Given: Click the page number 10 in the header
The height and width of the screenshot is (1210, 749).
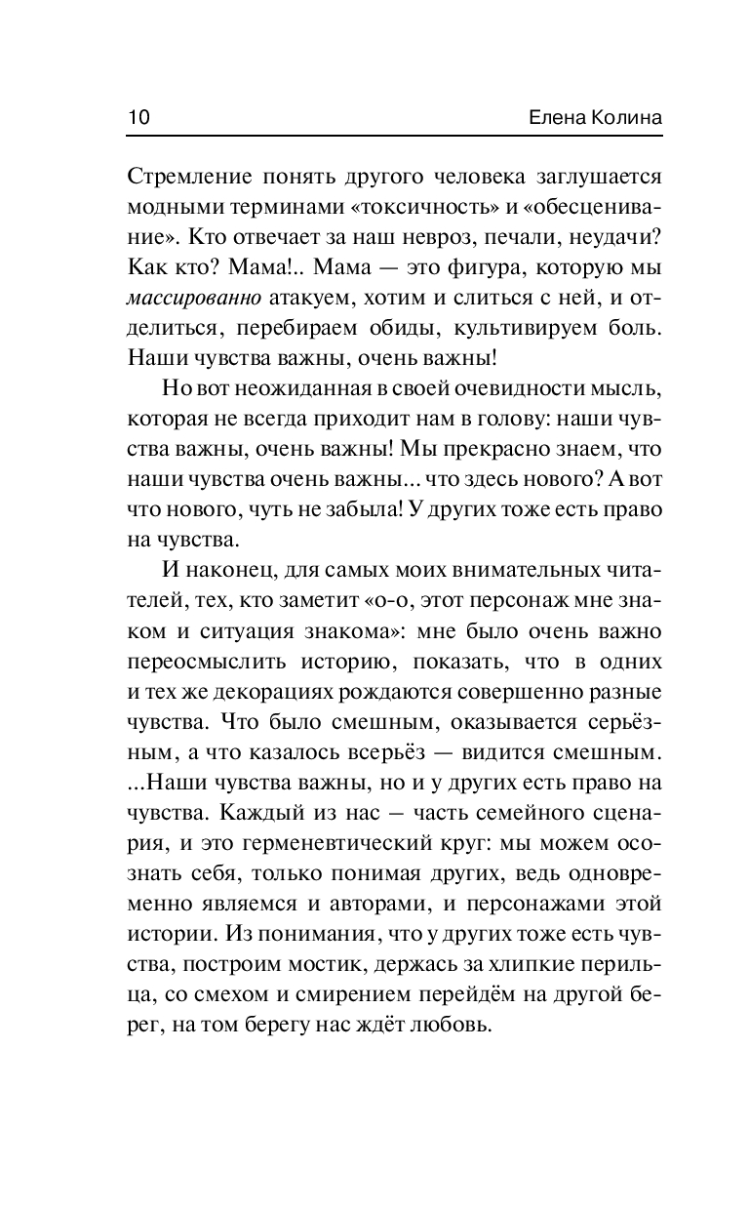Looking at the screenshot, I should pos(138,117).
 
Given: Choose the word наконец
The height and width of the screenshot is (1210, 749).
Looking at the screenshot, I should pos(230,571).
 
